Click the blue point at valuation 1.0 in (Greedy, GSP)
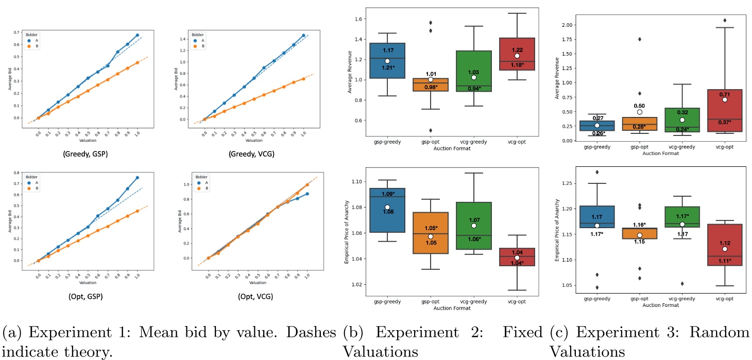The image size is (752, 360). tap(137, 35)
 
